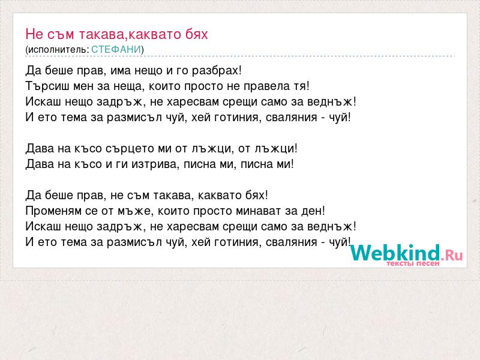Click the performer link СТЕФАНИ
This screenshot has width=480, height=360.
[116, 49]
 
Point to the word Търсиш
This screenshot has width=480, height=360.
[47, 86]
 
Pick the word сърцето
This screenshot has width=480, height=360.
[130, 149]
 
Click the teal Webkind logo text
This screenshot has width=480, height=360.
[395, 253]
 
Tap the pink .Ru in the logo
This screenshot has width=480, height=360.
[452, 255]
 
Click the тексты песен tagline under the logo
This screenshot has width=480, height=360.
[413, 263]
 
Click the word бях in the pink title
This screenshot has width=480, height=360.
[196, 34]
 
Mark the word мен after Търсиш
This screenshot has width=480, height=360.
[83, 86]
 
